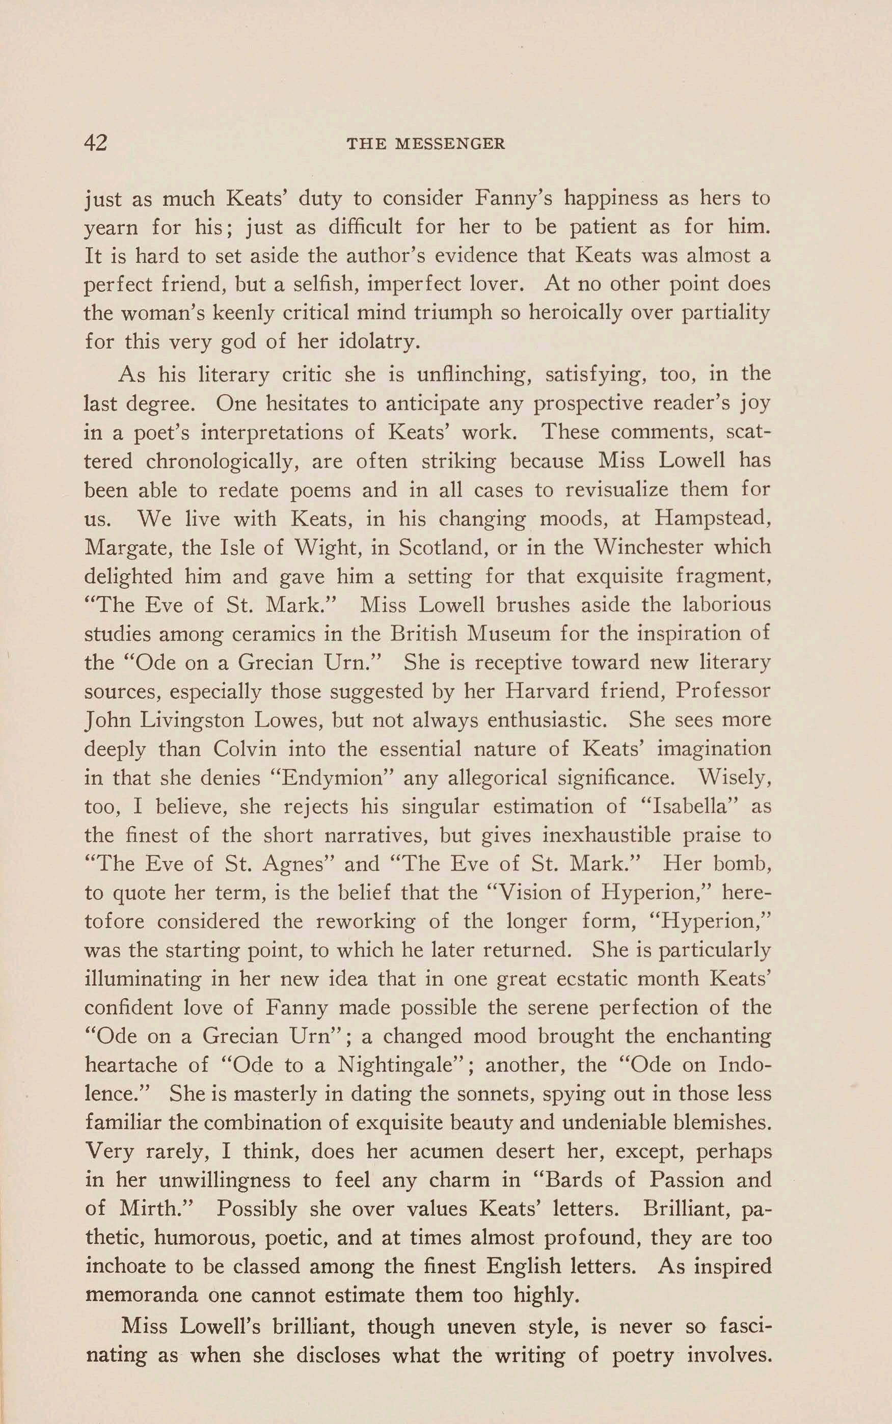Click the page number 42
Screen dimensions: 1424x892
(x=96, y=143)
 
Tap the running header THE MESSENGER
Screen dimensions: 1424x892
(x=425, y=144)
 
